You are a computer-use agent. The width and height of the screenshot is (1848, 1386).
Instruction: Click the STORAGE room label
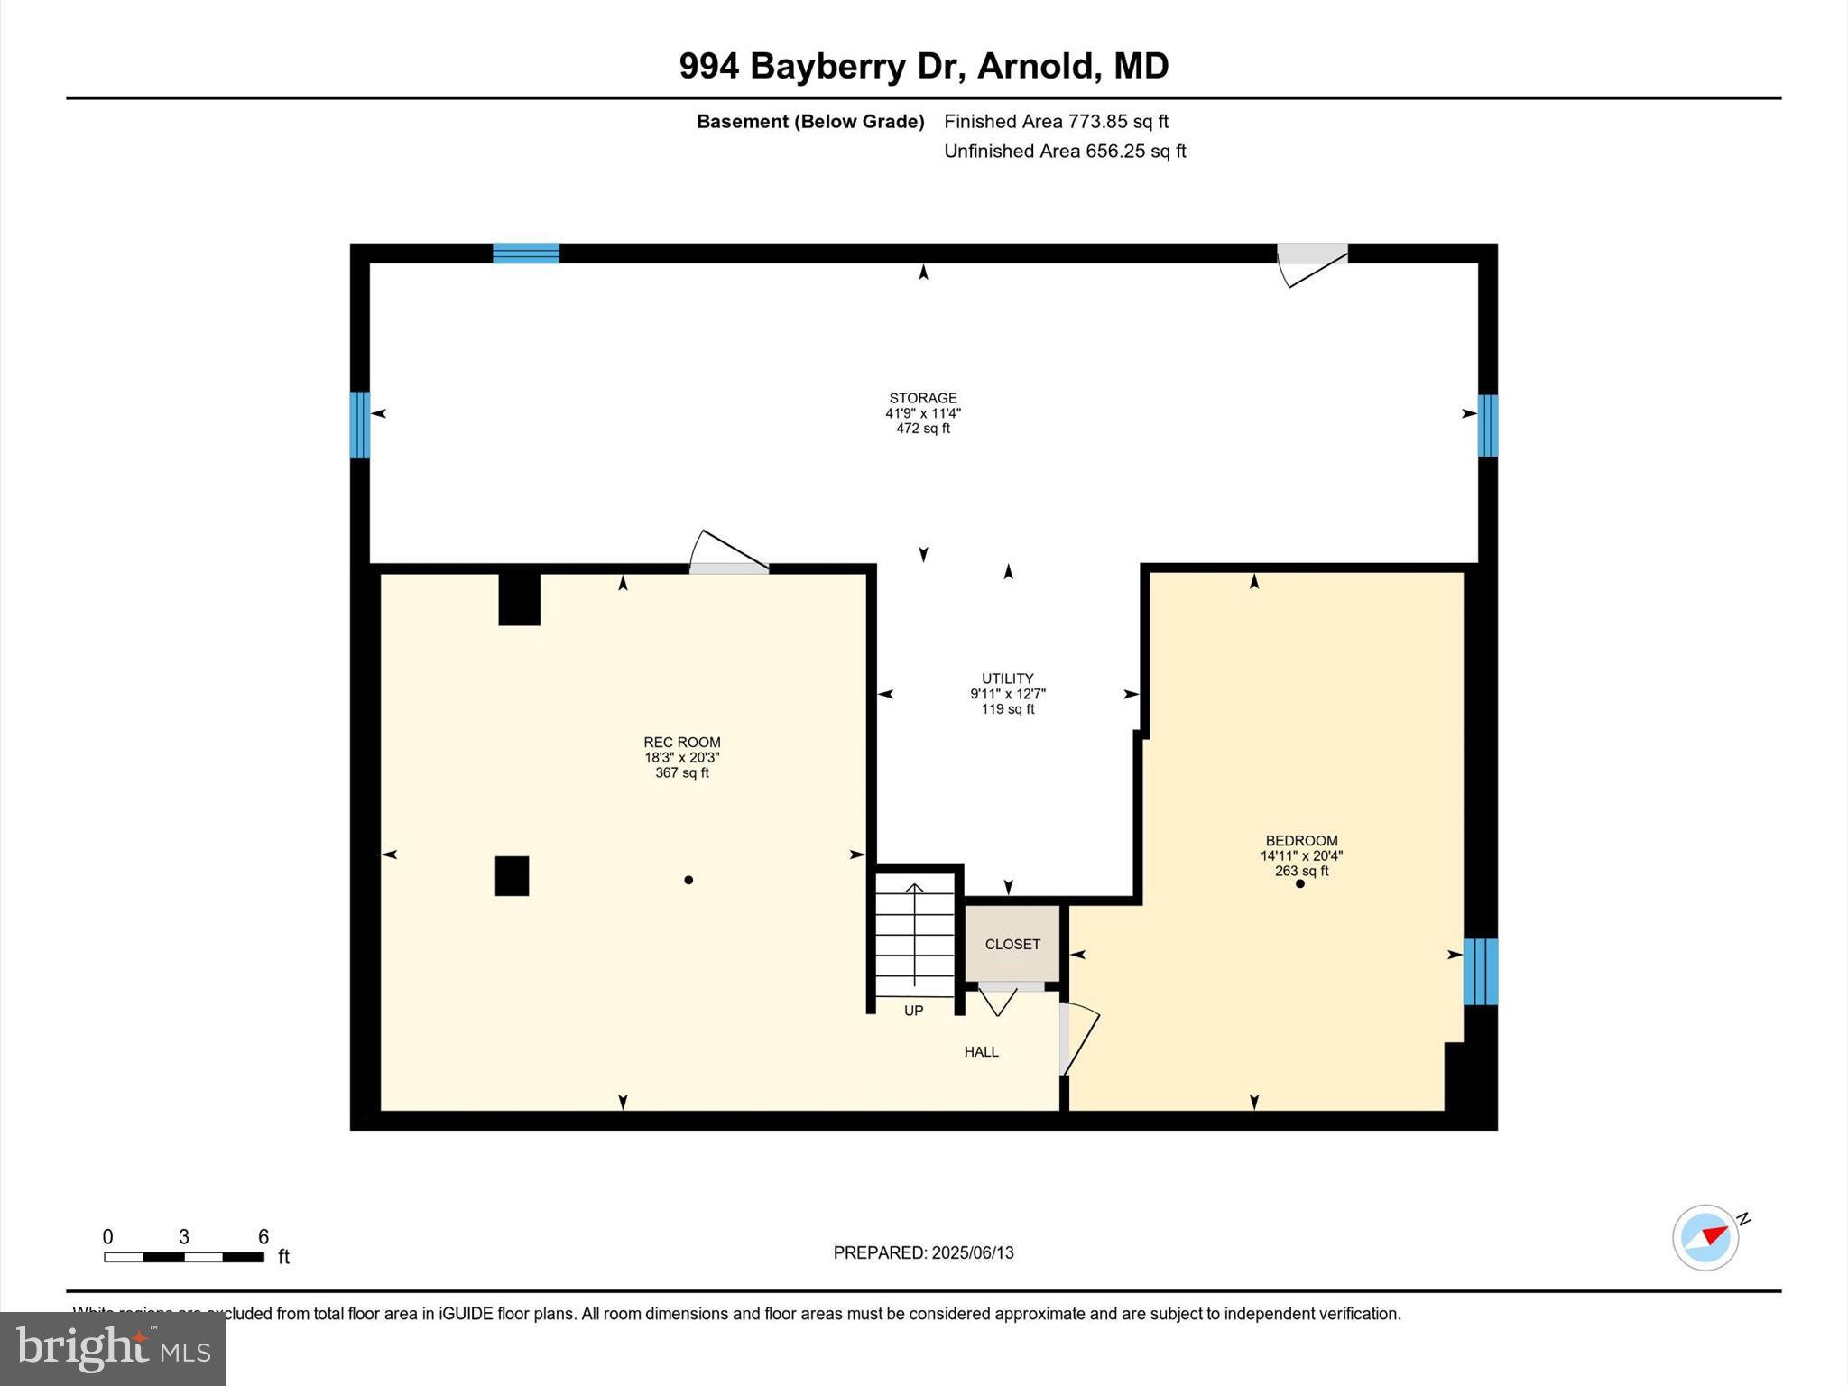[922, 398]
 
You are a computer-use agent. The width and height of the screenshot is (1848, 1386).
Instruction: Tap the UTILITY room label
[1007, 679]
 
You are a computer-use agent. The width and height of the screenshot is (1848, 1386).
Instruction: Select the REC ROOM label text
[681, 743]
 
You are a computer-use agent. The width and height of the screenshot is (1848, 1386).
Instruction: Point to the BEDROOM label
[1301, 840]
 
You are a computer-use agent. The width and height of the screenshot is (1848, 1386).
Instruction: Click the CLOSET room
[1012, 944]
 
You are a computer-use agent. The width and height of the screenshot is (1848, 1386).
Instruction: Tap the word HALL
[981, 1051]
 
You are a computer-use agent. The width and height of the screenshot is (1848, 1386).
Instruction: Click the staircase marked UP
[914, 938]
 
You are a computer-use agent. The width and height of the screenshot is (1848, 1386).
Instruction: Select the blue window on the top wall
[526, 253]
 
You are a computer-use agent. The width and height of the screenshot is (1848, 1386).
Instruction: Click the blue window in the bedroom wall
[1480, 972]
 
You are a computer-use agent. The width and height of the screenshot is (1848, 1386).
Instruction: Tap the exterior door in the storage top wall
[1312, 255]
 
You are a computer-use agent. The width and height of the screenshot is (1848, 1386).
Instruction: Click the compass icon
[1705, 1238]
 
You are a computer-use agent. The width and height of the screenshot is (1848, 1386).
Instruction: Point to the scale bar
[184, 1256]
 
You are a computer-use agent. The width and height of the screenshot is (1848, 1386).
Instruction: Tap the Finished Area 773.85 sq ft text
[1056, 121]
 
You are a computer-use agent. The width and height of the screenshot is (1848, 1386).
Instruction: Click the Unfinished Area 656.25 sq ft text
[1065, 151]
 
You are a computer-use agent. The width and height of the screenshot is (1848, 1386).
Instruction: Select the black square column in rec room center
[512, 875]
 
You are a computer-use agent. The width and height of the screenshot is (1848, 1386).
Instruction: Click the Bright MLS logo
[113, 1348]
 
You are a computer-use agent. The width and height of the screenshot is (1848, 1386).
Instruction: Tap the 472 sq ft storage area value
[922, 429]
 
